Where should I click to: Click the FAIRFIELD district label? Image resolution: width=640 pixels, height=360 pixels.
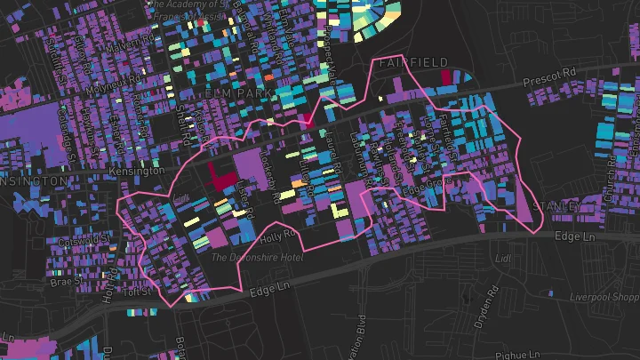point(412,63)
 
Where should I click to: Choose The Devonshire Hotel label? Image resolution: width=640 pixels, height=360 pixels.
point(258,258)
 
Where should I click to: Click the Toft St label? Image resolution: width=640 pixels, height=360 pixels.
point(137,291)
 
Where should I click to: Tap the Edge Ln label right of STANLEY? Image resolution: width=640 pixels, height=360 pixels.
point(573,237)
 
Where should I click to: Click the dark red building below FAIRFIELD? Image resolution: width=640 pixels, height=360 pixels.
point(447,77)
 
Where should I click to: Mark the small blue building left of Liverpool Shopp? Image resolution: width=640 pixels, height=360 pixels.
point(551,293)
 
